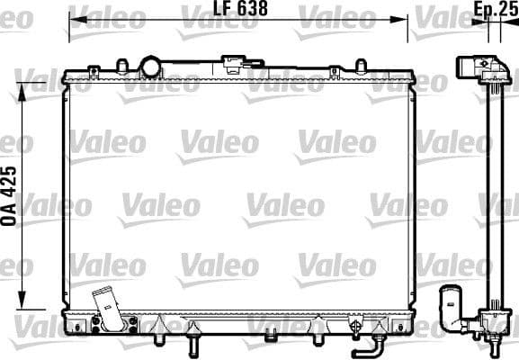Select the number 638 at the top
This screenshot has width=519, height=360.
(254, 11)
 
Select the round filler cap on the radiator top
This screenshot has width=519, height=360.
(150, 66)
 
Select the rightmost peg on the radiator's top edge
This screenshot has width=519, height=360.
(360, 67)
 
